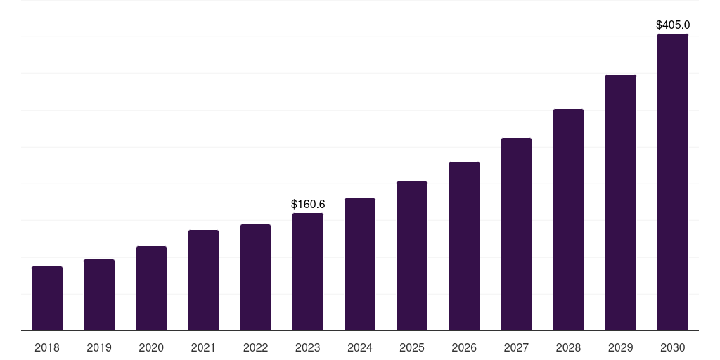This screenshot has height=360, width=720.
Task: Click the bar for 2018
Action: (x=47, y=299)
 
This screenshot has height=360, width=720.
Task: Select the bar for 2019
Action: (x=99, y=295)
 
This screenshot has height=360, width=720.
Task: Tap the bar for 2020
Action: (x=151, y=288)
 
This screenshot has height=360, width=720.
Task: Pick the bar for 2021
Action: (x=203, y=281)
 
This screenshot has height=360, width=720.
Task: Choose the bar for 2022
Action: (x=255, y=278)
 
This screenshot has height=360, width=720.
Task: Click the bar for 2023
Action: (x=308, y=272)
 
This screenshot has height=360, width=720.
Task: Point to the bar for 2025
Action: (x=412, y=256)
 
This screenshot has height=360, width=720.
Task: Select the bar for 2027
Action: (x=516, y=234)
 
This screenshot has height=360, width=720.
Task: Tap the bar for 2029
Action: (x=621, y=202)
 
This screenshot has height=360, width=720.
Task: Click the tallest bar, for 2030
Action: (x=673, y=182)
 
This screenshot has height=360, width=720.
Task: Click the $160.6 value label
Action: (x=308, y=204)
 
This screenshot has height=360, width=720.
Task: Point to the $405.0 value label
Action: (x=673, y=25)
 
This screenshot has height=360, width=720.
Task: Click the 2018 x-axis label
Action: (x=47, y=347)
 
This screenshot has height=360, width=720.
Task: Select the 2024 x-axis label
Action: (x=360, y=347)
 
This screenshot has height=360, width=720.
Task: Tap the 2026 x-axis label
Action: (x=464, y=347)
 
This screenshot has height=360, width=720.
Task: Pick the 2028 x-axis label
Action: (x=568, y=347)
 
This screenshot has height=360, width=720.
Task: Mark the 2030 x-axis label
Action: (x=673, y=347)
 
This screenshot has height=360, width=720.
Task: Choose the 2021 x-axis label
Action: (x=203, y=347)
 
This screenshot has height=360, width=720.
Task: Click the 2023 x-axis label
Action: (x=308, y=347)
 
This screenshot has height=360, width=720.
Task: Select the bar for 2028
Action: (x=568, y=220)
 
